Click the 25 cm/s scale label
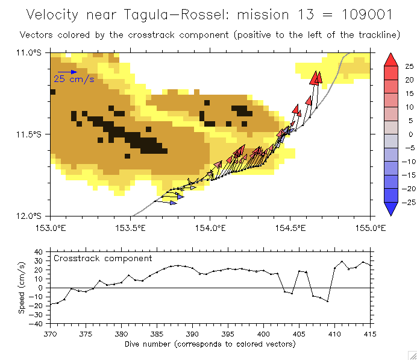point(74,79)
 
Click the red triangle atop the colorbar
point(390,59)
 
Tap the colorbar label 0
point(410,134)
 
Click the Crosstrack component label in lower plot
point(103,258)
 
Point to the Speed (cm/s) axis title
point(22,287)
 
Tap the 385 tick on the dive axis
point(157,333)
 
